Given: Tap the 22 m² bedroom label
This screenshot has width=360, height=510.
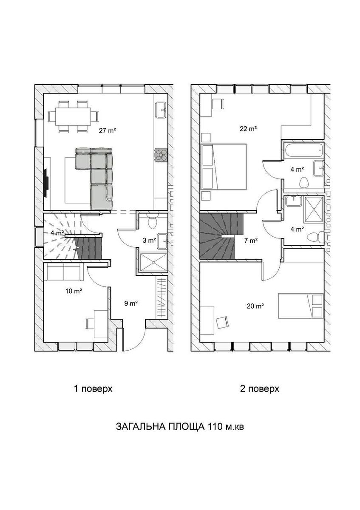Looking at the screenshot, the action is click(248, 129).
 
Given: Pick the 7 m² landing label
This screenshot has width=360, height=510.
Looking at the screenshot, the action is click(251, 241).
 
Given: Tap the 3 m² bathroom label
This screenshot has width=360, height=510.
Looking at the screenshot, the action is click(149, 240).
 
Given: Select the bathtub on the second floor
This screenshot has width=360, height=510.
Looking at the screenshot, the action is click(304, 150).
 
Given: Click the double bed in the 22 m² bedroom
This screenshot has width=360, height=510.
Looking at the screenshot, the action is click(224, 167).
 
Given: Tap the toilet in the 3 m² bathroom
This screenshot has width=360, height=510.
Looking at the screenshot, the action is click(152, 222).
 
